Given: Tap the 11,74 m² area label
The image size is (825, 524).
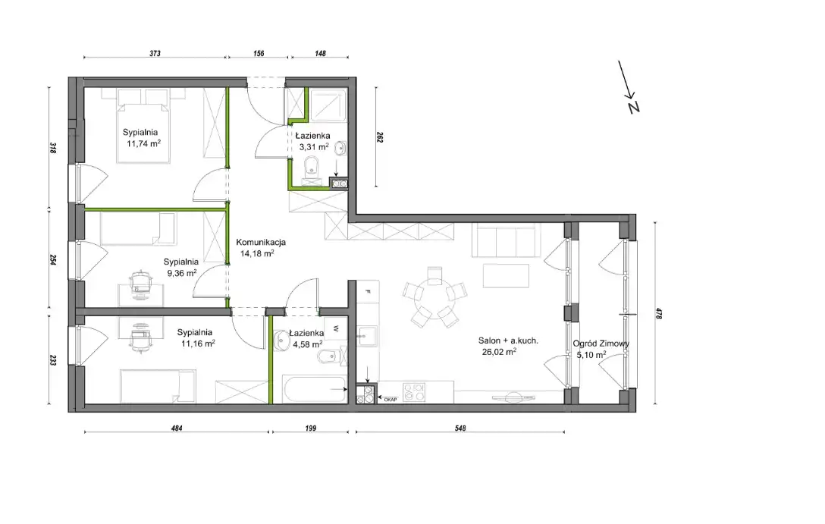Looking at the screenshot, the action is [x=143, y=143].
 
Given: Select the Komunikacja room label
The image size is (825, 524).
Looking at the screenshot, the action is [x=261, y=243].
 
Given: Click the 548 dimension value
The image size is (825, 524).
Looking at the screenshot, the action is [x=460, y=428].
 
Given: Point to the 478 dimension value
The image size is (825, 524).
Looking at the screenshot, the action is [x=658, y=313].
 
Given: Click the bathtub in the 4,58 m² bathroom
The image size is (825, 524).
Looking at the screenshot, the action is [x=315, y=389].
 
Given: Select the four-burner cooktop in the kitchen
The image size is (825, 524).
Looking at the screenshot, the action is [x=414, y=393].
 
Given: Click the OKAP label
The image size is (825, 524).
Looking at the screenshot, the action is [x=390, y=400].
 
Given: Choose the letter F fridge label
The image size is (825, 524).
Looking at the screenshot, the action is [x=369, y=291].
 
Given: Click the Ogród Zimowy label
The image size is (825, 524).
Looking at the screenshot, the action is [x=601, y=344].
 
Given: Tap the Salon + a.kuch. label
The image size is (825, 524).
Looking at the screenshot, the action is [x=508, y=340].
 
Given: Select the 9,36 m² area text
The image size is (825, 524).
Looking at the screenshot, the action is [x=182, y=273].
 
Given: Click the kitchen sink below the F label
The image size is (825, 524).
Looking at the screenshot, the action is [x=367, y=336].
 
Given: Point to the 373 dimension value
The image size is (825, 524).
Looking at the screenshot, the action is [x=155, y=53].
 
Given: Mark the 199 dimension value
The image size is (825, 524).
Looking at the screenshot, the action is [x=310, y=428].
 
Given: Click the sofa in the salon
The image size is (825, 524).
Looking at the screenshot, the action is [x=506, y=240].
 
